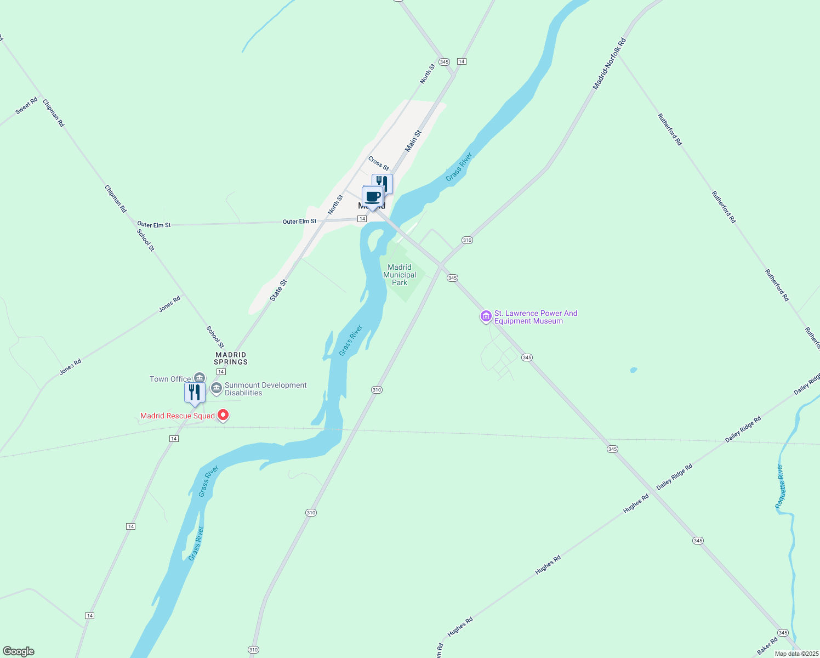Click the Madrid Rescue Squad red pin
pyautogui.click(x=223, y=416)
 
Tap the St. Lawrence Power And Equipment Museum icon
pyautogui.click(x=486, y=316)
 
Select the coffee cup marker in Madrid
pyautogui.click(x=372, y=197)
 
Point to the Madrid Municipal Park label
pyautogui.click(x=400, y=275)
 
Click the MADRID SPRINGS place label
pyautogui.click(x=231, y=358)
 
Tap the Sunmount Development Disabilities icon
pyautogui.click(x=217, y=389)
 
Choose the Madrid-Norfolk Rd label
pyautogui.click(x=609, y=64)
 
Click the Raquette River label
pyautogui.click(x=781, y=486)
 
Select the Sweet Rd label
pyautogui.click(x=26, y=105)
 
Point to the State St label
pyautogui.click(x=278, y=290)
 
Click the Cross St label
pyautogui.click(x=378, y=163)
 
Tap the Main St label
pyautogui.click(x=413, y=141)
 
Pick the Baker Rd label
pyautogui.click(x=767, y=646)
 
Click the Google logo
pyautogui.click(x=19, y=651)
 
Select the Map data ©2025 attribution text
pyautogui.click(x=796, y=654)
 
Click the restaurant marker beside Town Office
pyautogui.click(x=195, y=393)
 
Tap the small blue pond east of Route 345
pyautogui.click(x=634, y=370)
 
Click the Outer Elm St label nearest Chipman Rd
pyautogui.click(x=154, y=225)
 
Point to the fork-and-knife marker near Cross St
pyautogui.click(x=383, y=184)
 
